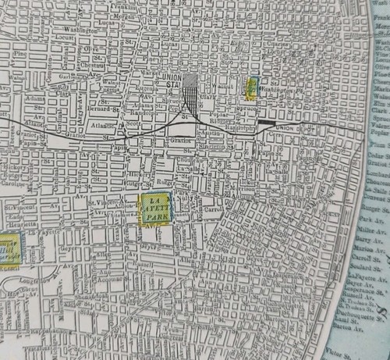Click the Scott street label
tap(135, 123)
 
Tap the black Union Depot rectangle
tap(267, 122)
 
